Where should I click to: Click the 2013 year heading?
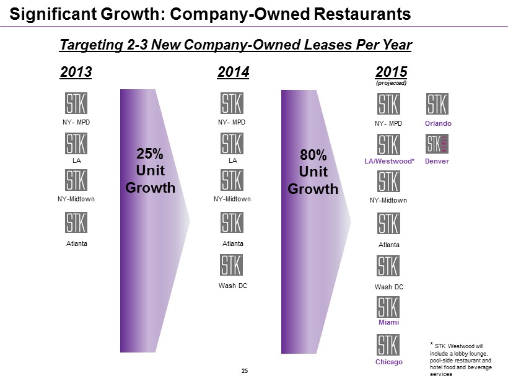point(76,72)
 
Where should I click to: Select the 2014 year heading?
point(234,72)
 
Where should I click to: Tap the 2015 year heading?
point(392,72)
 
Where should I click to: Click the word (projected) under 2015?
point(392,83)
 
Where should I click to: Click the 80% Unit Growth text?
point(313,172)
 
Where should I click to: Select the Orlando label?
point(438,123)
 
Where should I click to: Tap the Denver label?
point(438,162)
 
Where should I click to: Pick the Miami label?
point(388,323)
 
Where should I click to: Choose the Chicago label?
point(388,362)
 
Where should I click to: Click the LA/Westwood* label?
point(388,162)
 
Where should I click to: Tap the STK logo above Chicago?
point(388,345)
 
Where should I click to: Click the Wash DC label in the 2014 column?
point(232,286)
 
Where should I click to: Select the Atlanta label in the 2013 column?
point(77,243)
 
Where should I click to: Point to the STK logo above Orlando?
point(437,104)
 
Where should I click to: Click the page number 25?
point(245,370)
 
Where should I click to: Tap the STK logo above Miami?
point(388,307)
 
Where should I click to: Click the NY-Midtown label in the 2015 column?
point(388,200)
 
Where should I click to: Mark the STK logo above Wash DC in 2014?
point(232,266)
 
